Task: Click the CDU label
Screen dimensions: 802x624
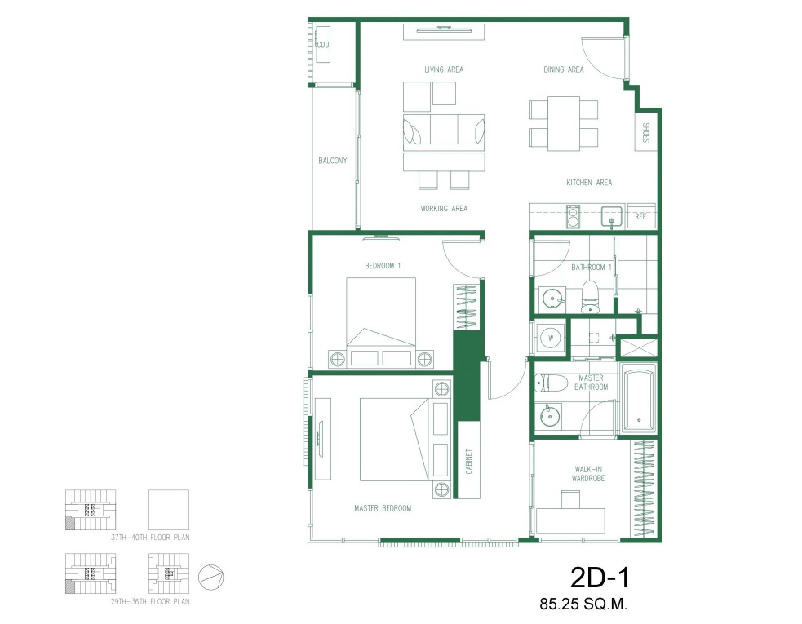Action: pyautogui.click(x=323, y=45)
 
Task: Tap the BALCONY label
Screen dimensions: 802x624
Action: pyautogui.click(x=332, y=161)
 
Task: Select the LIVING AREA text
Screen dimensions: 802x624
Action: pyautogui.click(x=444, y=69)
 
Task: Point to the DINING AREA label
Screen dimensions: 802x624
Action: pyautogui.click(x=564, y=69)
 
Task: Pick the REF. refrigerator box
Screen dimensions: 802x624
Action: pyautogui.click(x=641, y=216)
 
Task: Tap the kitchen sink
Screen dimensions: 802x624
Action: pyautogui.click(x=612, y=217)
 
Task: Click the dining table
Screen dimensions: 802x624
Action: pyautogui.click(x=564, y=123)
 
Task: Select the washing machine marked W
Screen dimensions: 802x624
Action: pyautogui.click(x=551, y=338)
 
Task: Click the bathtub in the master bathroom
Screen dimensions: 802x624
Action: pyautogui.click(x=638, y=397)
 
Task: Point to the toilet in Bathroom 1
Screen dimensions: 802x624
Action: pyautogui.click(x=590, y=296)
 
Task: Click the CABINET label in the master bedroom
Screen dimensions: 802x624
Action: pyautogui.click(x=469, y=462)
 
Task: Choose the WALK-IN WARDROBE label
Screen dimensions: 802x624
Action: pyautogui.click(x=588, y=474)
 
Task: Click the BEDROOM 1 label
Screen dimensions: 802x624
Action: pyautogui.click(x=383, y=266)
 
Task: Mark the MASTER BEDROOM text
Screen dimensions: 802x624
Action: pyautogui.click(x=383, y=508)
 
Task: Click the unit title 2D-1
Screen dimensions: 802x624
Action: pyautogui.click(x=600, y=578)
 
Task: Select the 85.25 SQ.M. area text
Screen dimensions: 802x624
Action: pyautogui.click(x=583, y=604)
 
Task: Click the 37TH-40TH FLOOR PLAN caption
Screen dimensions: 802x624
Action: pyautogui.click(x=150, y=538)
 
